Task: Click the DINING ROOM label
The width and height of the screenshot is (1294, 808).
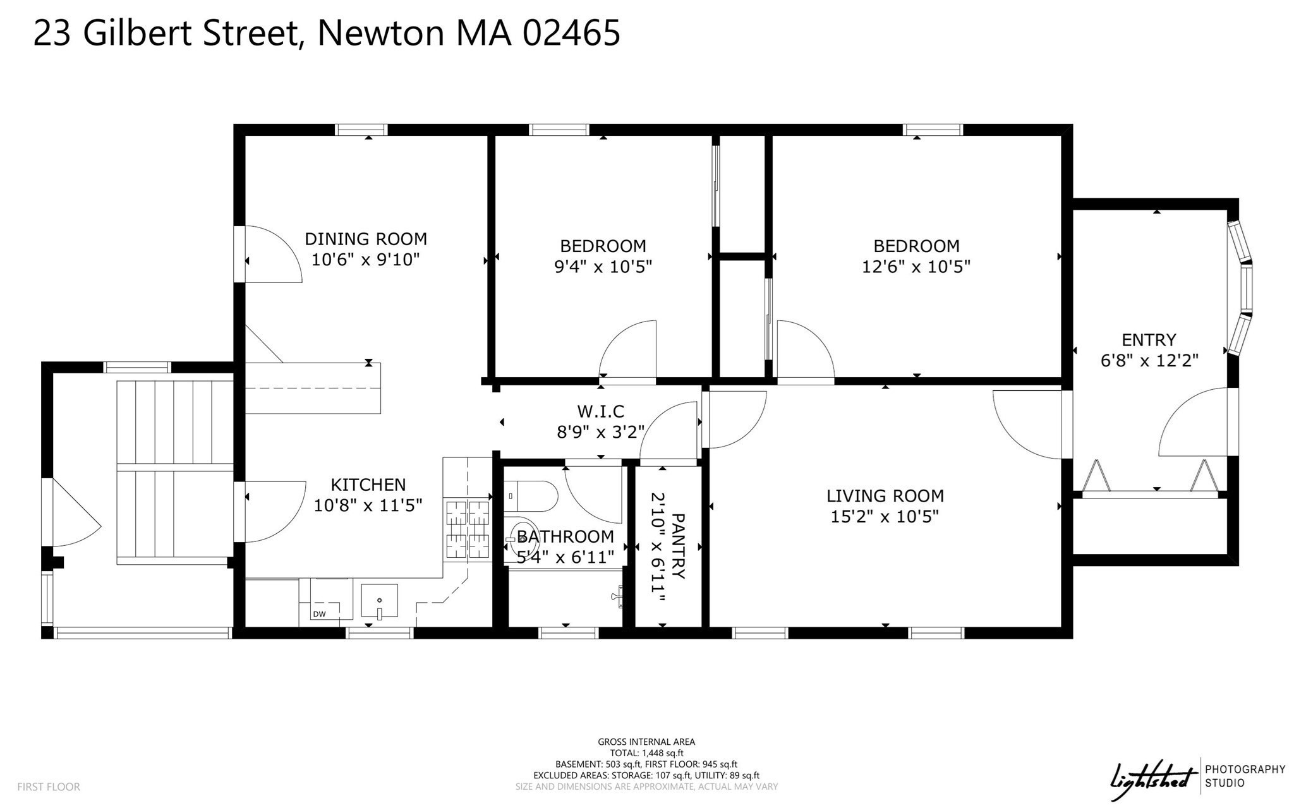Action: pos(366,239)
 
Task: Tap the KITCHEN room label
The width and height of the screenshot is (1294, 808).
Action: pos(368,485)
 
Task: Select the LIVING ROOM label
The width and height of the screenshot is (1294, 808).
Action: pos(885,496)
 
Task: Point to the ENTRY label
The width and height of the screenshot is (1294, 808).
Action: pos(1149,340)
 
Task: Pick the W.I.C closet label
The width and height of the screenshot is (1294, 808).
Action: pos(600,412)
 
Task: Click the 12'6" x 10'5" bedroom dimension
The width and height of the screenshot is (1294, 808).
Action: pos(916,267)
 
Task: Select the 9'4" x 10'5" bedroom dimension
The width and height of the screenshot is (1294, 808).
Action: pos(603,267)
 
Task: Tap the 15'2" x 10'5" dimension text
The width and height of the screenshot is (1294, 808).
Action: pos(885,517)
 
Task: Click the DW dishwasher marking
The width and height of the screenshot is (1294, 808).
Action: pos(319,614)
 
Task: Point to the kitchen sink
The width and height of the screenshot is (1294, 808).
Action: pos(379,601)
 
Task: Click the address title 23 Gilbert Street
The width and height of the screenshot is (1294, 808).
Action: pos(326,33)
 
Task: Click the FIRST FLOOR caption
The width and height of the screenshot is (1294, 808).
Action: pos(49,787)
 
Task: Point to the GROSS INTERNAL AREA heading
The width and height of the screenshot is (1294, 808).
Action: pos(646,742)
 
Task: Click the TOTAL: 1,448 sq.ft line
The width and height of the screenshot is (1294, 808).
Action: pos(646,753)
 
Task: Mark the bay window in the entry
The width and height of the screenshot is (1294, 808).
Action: pos(1240,288)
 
